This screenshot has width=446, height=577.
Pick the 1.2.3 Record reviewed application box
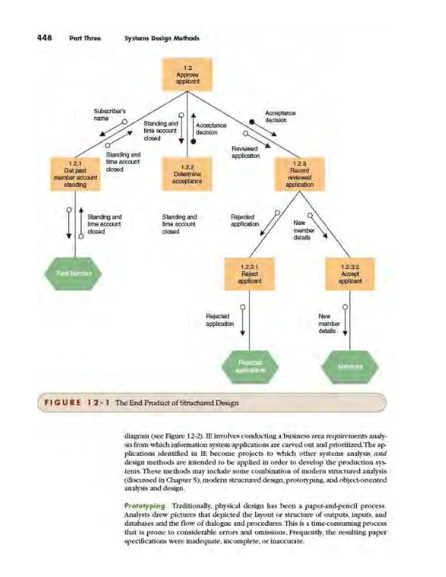click(299, 174)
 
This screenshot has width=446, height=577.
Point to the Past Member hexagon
click(75, 273)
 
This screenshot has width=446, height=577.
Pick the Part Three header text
click(81, 38)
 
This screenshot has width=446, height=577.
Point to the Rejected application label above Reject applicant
click(218, 320)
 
